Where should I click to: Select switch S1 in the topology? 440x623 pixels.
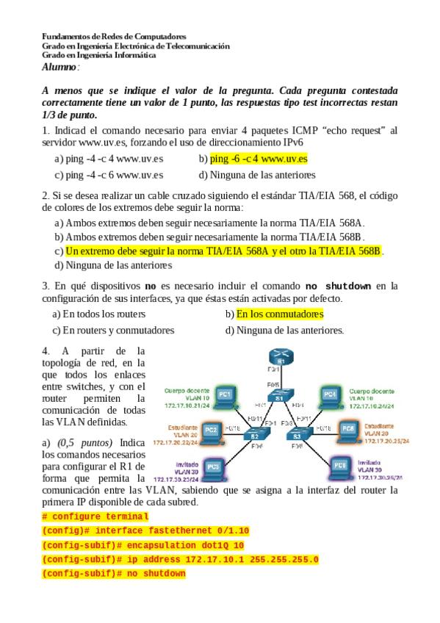tap(279, 395)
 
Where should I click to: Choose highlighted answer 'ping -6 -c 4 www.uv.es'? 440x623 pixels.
tap(258, 158)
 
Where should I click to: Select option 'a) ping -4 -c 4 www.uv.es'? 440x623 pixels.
tap(109, 158)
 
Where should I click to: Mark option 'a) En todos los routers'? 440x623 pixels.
tap(98, 314)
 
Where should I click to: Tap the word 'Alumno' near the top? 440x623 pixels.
tap(59, 67)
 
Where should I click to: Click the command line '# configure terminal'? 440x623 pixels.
tap(95, 516)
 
